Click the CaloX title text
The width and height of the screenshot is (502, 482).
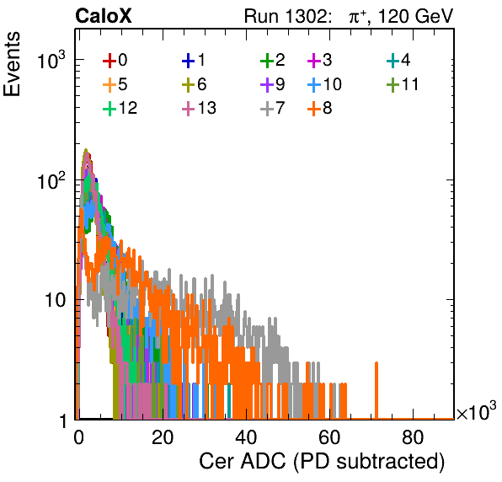pos(104,16)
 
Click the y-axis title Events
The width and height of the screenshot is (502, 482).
pos(12,64)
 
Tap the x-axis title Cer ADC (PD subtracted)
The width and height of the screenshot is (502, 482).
pos(322,462)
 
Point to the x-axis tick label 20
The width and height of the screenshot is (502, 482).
pos(163,437)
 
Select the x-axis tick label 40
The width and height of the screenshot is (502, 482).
pos(246,437)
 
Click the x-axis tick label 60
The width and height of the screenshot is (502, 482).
pos(329,437)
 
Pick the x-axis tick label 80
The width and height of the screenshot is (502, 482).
pos(413,437)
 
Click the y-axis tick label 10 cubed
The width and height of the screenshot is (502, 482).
pos(51,60)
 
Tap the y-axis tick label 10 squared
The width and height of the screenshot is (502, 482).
pos(51,180)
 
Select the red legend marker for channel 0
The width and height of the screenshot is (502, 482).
pos(109,61)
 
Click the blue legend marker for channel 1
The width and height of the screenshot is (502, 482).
pos(189,61)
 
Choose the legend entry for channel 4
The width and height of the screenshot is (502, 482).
pos(398,60)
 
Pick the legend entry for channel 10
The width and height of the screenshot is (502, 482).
pos(324,84)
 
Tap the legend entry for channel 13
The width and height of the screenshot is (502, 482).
pos(199,109)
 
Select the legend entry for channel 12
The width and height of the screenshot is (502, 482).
pos(120,109)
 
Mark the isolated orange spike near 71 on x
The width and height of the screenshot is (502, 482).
pos(376,390)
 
